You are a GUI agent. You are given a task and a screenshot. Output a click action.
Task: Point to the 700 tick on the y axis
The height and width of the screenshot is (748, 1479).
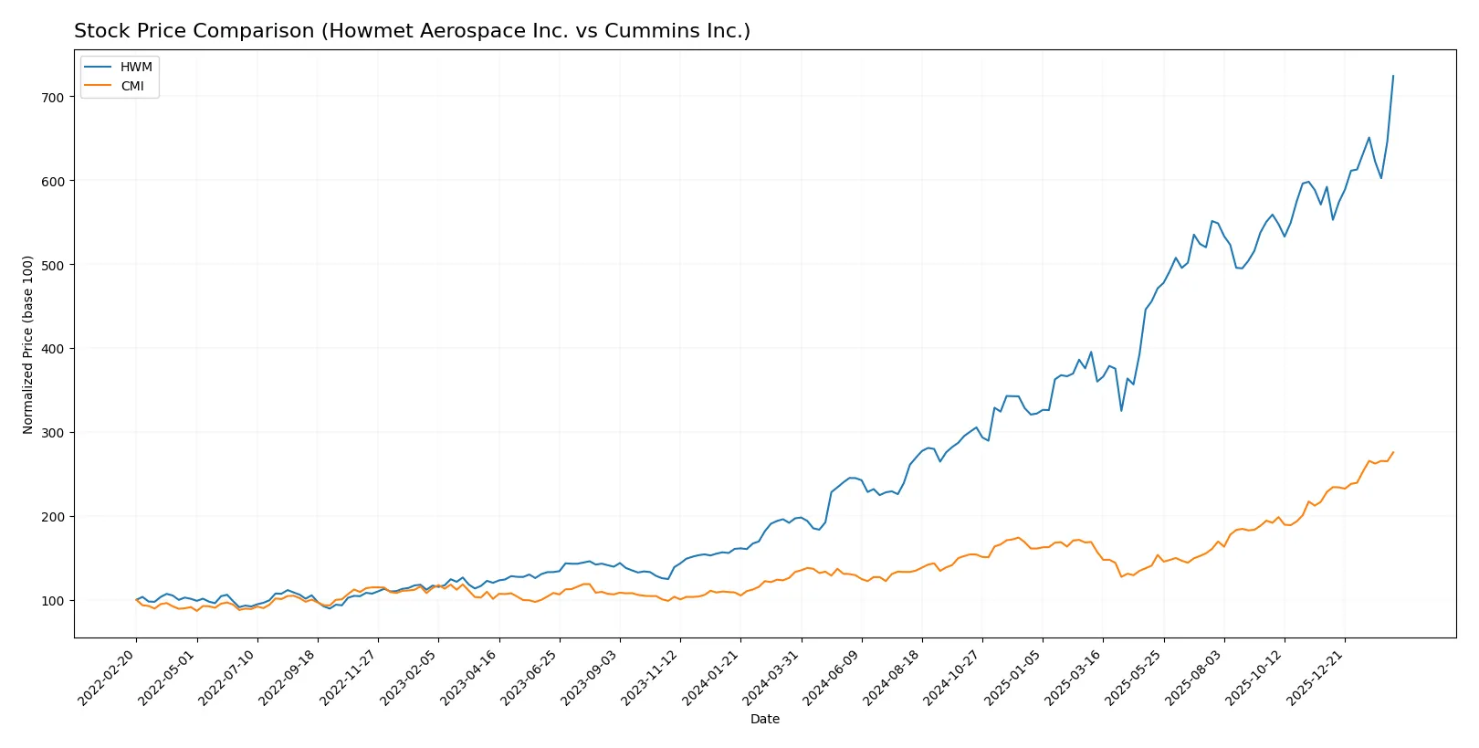pos(52,97)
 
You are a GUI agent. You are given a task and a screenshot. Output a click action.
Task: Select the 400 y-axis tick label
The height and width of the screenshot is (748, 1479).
pos(52,349)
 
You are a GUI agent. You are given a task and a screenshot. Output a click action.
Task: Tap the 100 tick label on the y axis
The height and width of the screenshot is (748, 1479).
pos(52,601)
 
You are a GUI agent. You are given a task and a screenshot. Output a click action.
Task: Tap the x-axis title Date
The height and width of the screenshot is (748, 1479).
pos(764,720)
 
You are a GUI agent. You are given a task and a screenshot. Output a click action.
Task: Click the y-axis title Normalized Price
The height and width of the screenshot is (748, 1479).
pos(27,344)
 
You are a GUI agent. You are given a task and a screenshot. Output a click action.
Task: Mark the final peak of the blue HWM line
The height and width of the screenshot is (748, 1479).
pos(1393,76)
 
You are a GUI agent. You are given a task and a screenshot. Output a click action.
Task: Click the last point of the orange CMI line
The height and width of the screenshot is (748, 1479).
pos(1393,452)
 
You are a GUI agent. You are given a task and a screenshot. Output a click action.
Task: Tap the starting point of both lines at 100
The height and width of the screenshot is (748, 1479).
pos(136,600)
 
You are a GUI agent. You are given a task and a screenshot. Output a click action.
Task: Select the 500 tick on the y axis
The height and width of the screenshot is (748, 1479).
pos(52,265)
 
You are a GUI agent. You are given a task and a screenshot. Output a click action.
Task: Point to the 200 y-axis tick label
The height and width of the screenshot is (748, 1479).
pos(52,517)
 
